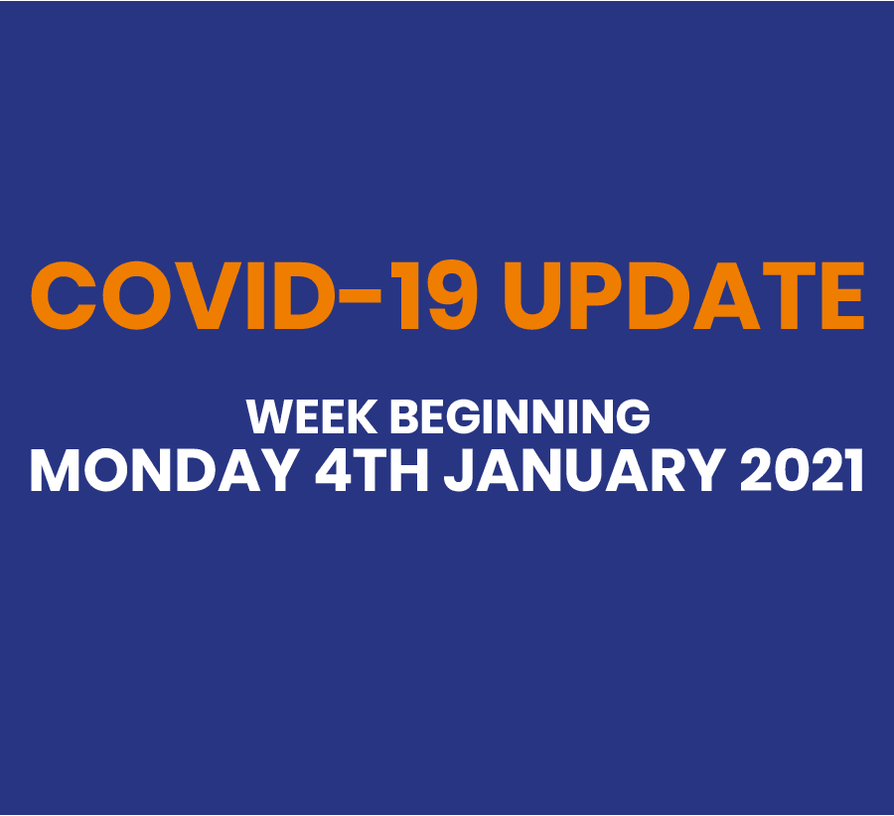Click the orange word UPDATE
684,295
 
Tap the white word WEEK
311,416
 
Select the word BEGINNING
520,416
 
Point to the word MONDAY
165,470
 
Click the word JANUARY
585,470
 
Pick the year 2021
802,470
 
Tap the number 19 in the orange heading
438,295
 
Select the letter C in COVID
64,295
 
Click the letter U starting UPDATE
533,296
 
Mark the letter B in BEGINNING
405,416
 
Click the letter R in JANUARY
666,470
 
